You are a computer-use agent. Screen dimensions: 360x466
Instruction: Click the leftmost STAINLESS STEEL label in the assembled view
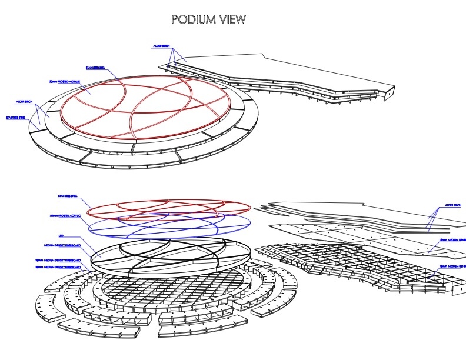point(15,118)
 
